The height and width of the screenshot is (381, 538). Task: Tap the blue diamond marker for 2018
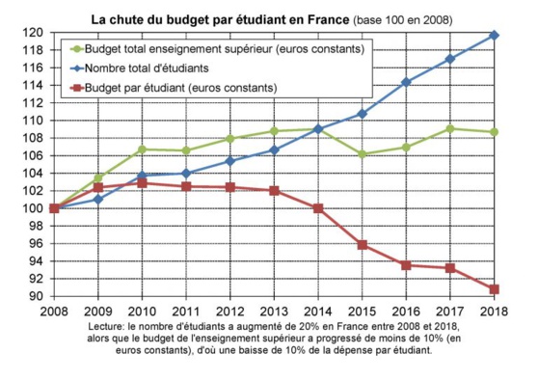click(x=494, y=35)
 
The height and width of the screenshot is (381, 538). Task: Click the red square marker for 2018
click(x=494, y=289)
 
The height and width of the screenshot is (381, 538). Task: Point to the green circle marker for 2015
click(x=362, y=154)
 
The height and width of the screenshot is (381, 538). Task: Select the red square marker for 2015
click(x=362, y=245)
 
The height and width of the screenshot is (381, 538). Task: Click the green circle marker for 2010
click(x=142, y=150)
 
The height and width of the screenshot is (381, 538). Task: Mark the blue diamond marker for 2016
click(x=406, y=82)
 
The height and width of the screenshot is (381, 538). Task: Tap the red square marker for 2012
click(x=229, y=187)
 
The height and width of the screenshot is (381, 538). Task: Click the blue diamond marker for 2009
click(x=97, y=199)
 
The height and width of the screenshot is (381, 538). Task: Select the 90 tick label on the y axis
click(x=36, y=297)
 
